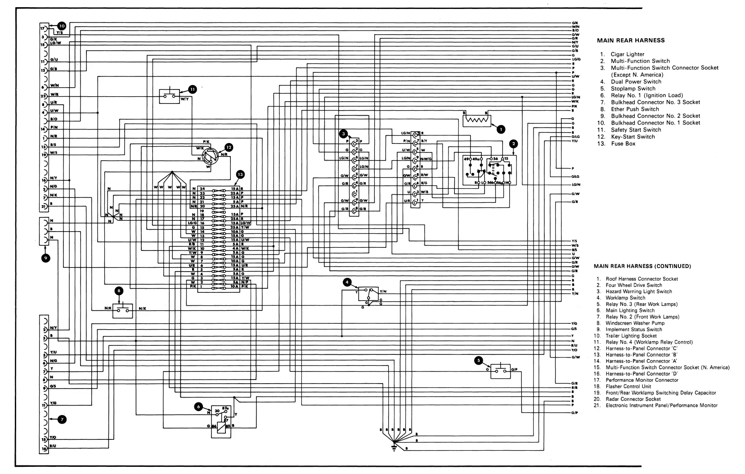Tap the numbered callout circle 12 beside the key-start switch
pos(229,147)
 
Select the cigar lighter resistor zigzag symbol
pos(477,121)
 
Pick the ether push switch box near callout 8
pos(123,309)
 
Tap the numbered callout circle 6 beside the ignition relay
pos(198,407)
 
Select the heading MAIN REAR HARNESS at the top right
pos(630,40)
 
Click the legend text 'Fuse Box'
pos(623,144)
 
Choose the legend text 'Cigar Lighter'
pos(627,54)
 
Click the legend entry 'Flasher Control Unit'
pos(628,386)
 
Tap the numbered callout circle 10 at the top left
pos(62,26)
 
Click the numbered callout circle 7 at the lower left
pos(62,419)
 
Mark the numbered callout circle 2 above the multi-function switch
pos(513,144)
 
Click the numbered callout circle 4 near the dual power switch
pos(347,282)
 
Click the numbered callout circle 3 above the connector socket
pos(344,134)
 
